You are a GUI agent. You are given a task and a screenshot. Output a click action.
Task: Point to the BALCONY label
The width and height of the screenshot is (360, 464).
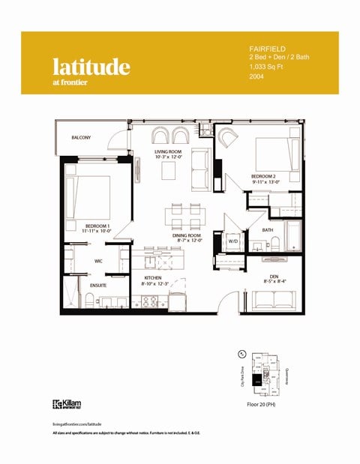click(81, 137)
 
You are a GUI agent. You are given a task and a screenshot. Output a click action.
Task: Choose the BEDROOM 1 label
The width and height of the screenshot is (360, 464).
click(97, 225)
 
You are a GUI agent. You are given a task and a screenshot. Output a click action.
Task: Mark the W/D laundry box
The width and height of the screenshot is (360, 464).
click(233, 241)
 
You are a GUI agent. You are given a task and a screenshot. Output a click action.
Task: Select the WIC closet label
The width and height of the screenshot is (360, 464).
click(98, 261)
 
